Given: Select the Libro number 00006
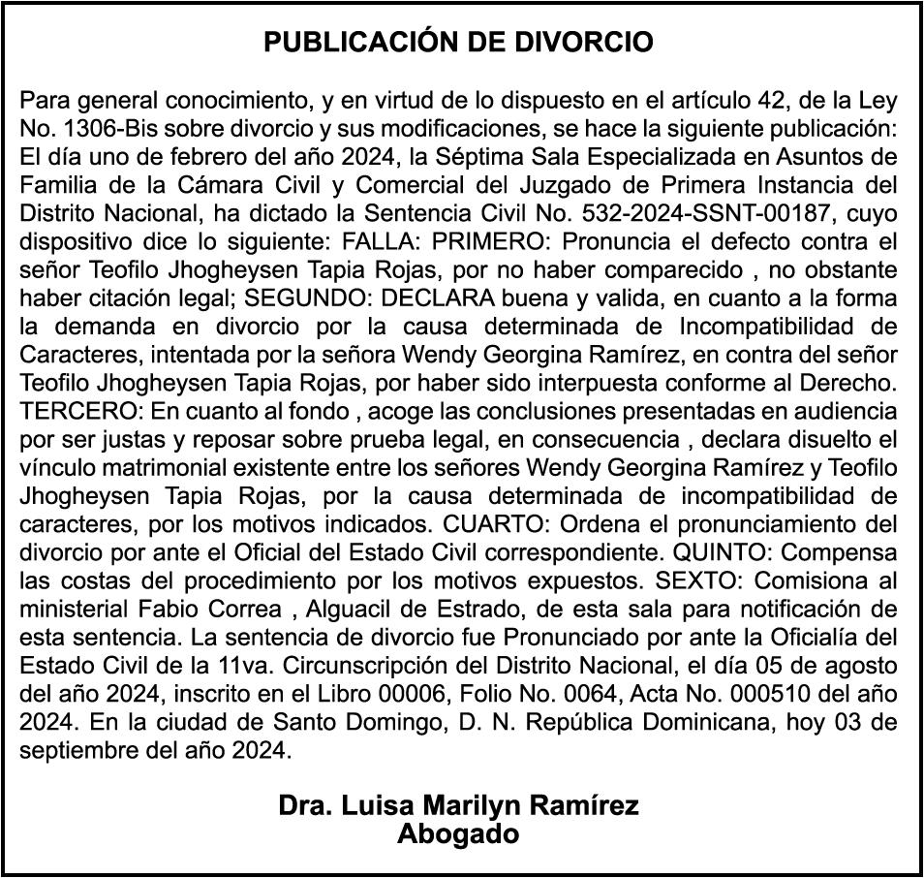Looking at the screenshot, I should click(x=401, y=695).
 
